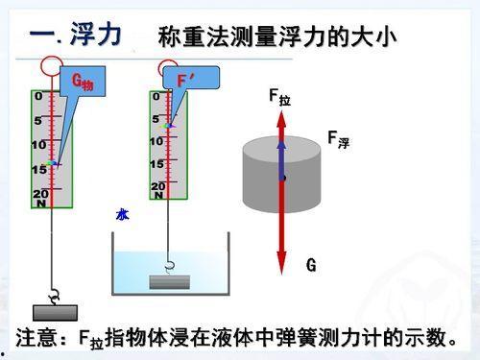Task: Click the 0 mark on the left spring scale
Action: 38,97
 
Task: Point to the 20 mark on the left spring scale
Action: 39,193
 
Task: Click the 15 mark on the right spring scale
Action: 156,164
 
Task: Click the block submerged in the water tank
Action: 171,281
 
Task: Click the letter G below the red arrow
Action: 311,265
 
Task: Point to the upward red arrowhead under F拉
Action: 281,120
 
